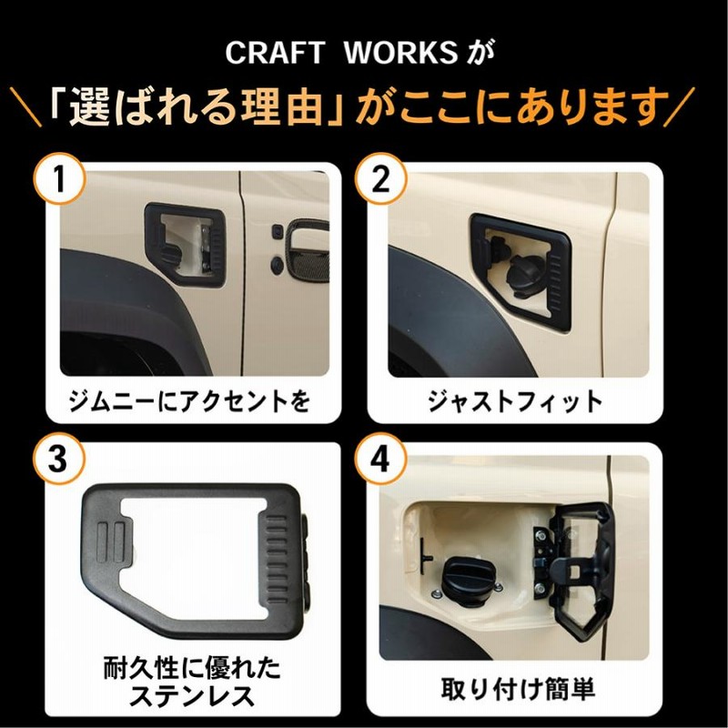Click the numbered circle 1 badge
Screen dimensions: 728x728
(x=60, y=178)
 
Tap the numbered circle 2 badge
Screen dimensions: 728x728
(x=380, y=178)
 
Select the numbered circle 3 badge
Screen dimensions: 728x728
(x=59, y=459)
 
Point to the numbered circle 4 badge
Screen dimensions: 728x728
(x=380, y=459)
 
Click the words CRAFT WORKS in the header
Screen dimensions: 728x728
(x=342, y=53)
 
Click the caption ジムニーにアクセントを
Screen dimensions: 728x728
(x=189, y=401)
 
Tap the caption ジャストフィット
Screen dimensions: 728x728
(x=515, y=401)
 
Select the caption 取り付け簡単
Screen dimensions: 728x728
(x=518, y=689)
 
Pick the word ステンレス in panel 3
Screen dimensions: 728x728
(x=192, y=696)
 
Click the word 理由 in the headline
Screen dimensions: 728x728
(x=282, y=106)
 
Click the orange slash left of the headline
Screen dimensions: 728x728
(x=25, y=106)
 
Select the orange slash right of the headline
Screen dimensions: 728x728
(x=678, y=106)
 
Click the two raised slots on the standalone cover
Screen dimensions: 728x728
(x=111, y=541)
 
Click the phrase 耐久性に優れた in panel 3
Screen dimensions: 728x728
(x=192, y=668)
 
